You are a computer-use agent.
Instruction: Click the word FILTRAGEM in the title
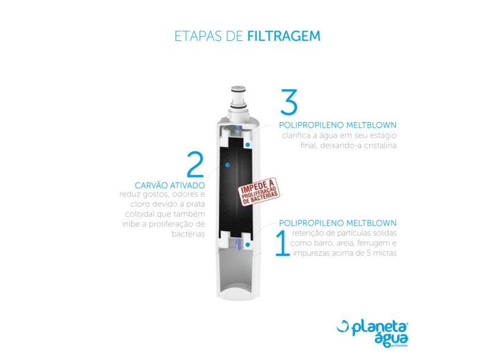coord(284,36)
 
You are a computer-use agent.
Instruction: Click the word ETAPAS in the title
coord(198,36)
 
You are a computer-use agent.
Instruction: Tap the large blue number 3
coord(289,102)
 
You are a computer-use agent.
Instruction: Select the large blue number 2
coord(195,164)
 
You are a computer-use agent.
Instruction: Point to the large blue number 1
coord(282,243)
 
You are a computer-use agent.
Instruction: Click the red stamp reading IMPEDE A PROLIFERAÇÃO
coord(259,192)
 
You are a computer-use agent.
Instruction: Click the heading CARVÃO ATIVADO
coord(170,185)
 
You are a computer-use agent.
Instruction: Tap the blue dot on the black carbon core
coord(227,165)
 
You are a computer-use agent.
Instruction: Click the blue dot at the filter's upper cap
coord(248,145)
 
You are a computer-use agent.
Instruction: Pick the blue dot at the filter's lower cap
coord(248,244)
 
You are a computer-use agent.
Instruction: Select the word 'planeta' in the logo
coord(379,328)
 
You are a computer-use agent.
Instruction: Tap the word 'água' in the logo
coord(392,339)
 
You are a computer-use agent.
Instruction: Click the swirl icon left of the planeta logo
coord(343,326)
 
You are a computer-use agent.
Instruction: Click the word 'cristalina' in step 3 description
coord(381,145)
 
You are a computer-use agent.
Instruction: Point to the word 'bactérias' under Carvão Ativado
coord(188,234)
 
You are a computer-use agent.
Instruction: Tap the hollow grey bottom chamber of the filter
coord(238,271)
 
